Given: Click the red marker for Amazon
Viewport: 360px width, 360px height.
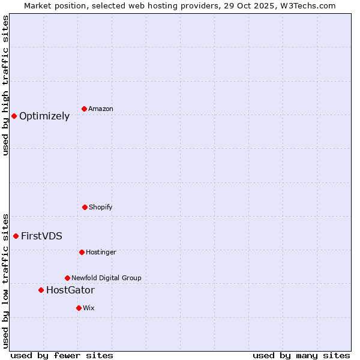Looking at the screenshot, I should click(x=85, y=109).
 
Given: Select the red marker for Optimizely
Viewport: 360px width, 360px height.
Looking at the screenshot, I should click(x=14, y=116).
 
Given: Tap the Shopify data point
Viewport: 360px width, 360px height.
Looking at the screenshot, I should click(x=85, y=207).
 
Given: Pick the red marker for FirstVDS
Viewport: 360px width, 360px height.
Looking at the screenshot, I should click(x=16, y=236).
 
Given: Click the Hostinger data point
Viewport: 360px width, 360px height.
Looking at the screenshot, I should click(x=82, y=252).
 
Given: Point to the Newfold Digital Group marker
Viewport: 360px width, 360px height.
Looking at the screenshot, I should click(x=67, y=278).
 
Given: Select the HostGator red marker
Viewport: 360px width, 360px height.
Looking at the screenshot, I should click(x=41, y=290).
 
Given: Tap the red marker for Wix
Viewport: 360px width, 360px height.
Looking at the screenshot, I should click(x=79, y=308).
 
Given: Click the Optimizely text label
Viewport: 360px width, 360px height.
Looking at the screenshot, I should click(x=44, y=116).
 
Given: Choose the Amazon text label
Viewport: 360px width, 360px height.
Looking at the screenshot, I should click(x=101, y=109).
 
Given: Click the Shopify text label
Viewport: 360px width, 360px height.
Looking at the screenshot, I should click(x=101, y=207).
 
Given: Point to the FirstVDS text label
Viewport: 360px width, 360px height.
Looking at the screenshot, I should click(x=41, y=236).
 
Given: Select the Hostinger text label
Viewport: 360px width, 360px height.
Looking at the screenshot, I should click(x=101, y=252).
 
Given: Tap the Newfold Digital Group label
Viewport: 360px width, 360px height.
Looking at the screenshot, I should click(x=106, y=278).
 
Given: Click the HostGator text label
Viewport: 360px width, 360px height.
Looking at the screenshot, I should click(x=70, y=290).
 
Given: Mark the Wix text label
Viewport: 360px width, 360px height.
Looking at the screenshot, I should click(x=89, y=308).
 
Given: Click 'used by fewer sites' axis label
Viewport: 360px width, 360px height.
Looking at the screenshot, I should click(x=62, y=355).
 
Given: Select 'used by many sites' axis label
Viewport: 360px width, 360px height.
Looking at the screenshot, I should click(x=301, y=355).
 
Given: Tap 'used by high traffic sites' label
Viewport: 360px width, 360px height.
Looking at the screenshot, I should click(x=5, y=85).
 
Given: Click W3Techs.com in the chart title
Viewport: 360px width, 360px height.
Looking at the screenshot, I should click(x=306, y=5).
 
